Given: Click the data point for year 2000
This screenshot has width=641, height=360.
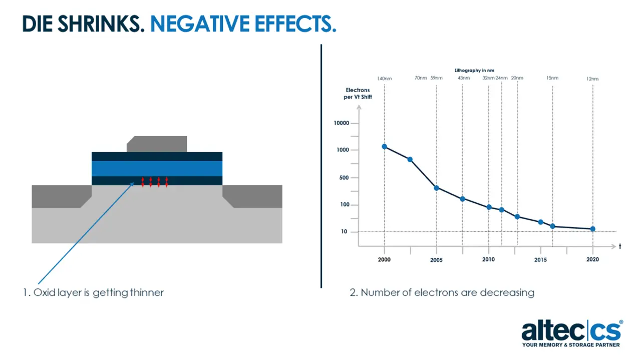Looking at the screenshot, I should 384,147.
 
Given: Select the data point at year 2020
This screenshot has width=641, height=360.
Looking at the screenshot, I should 593,229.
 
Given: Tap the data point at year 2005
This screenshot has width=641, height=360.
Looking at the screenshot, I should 436,188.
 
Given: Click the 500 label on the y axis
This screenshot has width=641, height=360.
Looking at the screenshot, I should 343,178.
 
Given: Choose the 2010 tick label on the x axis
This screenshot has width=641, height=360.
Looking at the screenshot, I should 488,259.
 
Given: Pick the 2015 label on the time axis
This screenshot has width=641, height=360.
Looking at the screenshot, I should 540,260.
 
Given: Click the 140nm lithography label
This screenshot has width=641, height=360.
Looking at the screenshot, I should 384,78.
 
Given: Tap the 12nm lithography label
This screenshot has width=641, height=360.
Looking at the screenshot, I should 592,79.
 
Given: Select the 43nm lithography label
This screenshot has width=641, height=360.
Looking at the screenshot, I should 464,78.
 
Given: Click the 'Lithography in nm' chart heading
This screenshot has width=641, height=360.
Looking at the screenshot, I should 474,71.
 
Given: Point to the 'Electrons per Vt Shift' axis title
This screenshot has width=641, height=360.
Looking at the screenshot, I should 358,94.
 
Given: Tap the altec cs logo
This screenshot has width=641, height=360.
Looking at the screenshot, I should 572,333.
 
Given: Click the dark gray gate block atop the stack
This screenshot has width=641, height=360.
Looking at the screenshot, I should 157,144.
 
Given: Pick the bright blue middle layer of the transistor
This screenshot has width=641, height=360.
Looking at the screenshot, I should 157,168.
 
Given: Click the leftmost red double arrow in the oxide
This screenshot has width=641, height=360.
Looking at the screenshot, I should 143,182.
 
